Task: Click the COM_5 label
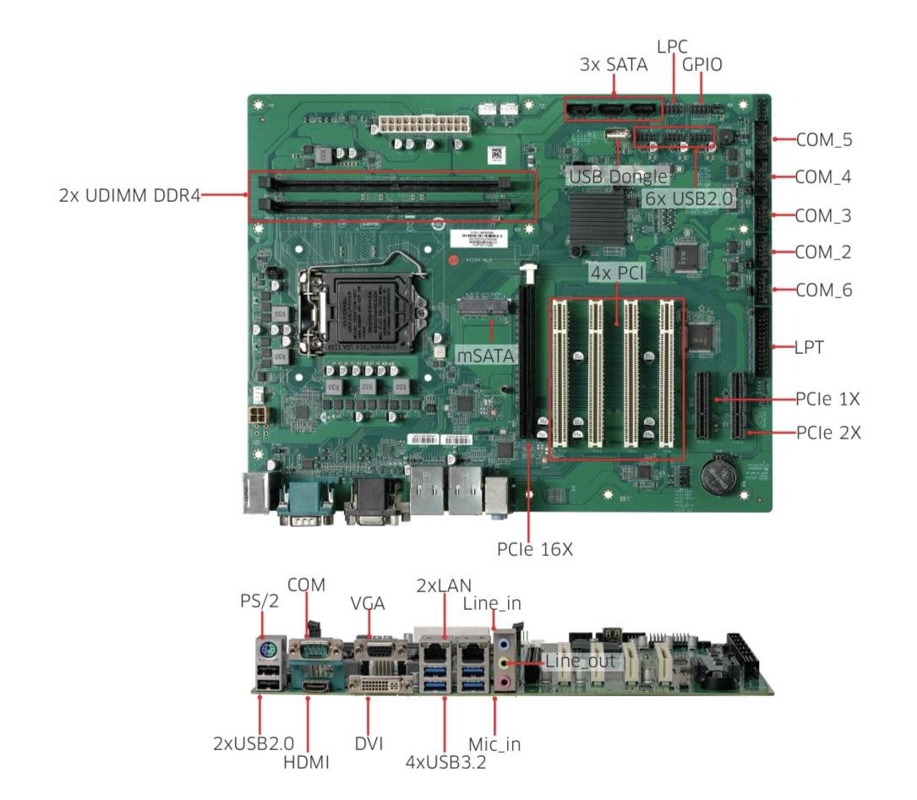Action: pyautogui.click(x=823, y=140)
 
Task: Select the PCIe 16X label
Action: pyautogui.click(x=535, y=550)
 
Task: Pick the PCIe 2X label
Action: pyautogui.click(x=828, y=433)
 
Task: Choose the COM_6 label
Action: pyautogui.click(x=823, y=291)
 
